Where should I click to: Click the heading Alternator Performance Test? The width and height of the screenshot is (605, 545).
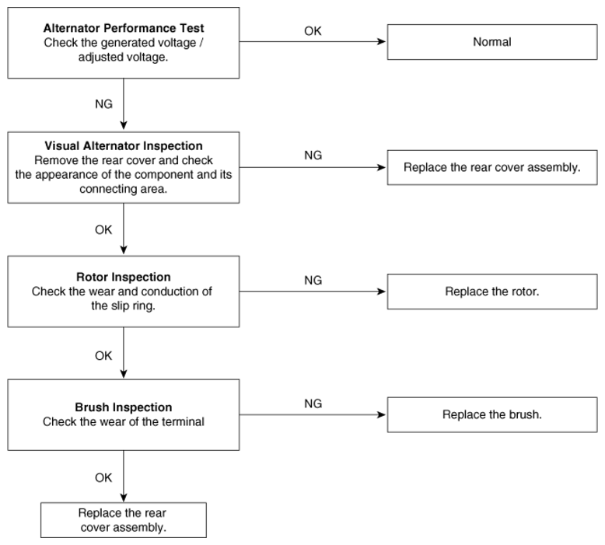(x=124, y=28)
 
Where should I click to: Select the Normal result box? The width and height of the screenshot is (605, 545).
(x=492, y=42)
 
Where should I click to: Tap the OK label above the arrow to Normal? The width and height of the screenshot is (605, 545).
(x=313, y=31)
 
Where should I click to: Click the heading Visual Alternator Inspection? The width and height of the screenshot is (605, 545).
(x=124, y=146)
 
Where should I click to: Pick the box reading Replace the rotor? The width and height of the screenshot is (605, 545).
(x=492, y=292)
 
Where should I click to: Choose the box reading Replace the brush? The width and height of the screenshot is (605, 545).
(x=492, y=414)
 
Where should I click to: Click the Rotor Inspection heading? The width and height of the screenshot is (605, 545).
(x=124, y=277)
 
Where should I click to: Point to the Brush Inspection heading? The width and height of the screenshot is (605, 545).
(x=124, y=407)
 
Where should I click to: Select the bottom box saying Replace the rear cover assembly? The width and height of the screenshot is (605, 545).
(x=124, y=520)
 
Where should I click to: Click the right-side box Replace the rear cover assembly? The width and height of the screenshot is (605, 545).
(x=492, y=167)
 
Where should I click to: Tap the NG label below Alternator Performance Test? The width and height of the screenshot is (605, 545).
(x=103, y=103)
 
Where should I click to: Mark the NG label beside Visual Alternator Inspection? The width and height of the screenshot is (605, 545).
(x=313, y=155)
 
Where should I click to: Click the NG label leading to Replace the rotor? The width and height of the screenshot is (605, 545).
(x=313, y=280)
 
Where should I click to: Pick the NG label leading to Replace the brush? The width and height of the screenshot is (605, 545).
(x=313, y=404)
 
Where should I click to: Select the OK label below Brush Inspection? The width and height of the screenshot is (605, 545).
(x=103, y=477)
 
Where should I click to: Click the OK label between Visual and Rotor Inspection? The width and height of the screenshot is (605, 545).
(x=103, y=229)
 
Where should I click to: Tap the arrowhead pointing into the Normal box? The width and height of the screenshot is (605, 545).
(x=382, y=42)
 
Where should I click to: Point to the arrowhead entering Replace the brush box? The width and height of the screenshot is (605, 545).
(x=382, y=414)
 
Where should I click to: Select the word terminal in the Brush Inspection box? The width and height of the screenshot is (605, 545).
(x=183, y=421)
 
